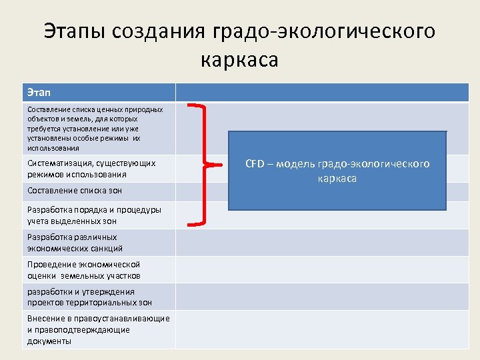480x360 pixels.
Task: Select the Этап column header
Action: [39, 93]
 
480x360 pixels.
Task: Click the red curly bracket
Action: [204, 163]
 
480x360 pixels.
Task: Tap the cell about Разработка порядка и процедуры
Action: [94, 215]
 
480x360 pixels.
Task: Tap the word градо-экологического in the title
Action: [323, 31]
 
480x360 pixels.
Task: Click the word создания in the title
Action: [159, 31]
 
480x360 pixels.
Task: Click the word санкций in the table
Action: [107, 248]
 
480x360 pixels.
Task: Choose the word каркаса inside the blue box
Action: [337, 179]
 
